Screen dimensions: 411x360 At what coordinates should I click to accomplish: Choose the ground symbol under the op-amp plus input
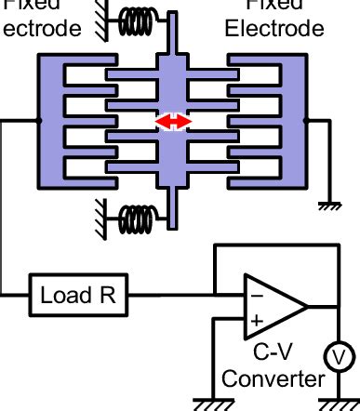tap(213, 402)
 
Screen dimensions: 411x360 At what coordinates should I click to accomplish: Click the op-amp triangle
tap(273, 307)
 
